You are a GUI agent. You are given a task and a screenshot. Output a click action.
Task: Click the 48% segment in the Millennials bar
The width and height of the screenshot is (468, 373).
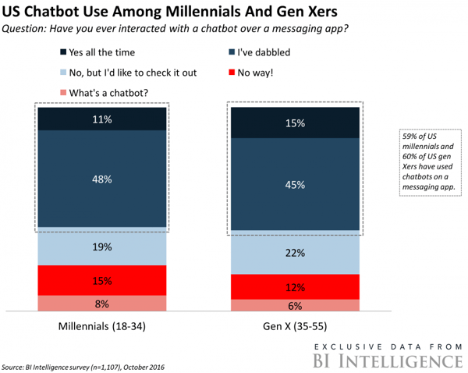tap(102, 179)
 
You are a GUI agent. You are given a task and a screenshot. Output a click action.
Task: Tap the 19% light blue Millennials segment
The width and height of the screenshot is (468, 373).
tap(102, 247)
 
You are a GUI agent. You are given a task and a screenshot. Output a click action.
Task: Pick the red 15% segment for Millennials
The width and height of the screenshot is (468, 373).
tap(102, 280)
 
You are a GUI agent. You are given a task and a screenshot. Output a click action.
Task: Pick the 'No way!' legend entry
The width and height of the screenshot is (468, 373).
tap(277, 73)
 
